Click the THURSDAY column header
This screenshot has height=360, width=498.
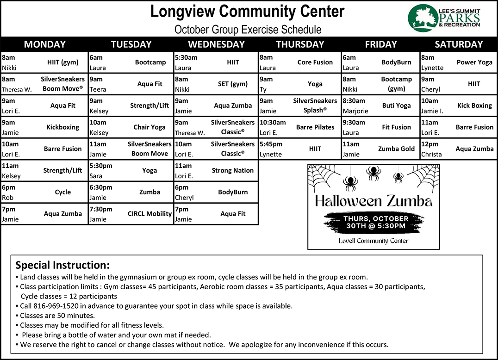click(300, 44)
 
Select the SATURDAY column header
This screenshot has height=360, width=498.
click(459, 44)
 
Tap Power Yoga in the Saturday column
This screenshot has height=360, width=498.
click(474, 62)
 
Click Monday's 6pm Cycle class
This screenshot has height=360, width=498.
click(63, 192)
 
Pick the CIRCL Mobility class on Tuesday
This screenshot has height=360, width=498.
click(149, 214)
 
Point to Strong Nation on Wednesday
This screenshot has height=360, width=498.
click(232, 170)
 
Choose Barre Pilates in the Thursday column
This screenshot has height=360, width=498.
click(315, 127)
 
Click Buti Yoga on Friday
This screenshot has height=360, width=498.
click(396, 106)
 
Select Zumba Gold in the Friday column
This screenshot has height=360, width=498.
click(396, 149)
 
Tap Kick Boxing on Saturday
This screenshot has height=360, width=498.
click(474, 106)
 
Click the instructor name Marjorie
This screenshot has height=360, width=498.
click(355, 111)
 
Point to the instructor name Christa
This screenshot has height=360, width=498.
click(431, 155)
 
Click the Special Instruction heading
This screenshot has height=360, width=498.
click(62, 265)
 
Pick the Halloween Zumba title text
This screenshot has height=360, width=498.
click(373, 201)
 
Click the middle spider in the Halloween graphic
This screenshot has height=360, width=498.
click(373, 173)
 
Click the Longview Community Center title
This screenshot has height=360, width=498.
click(247, 12)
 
